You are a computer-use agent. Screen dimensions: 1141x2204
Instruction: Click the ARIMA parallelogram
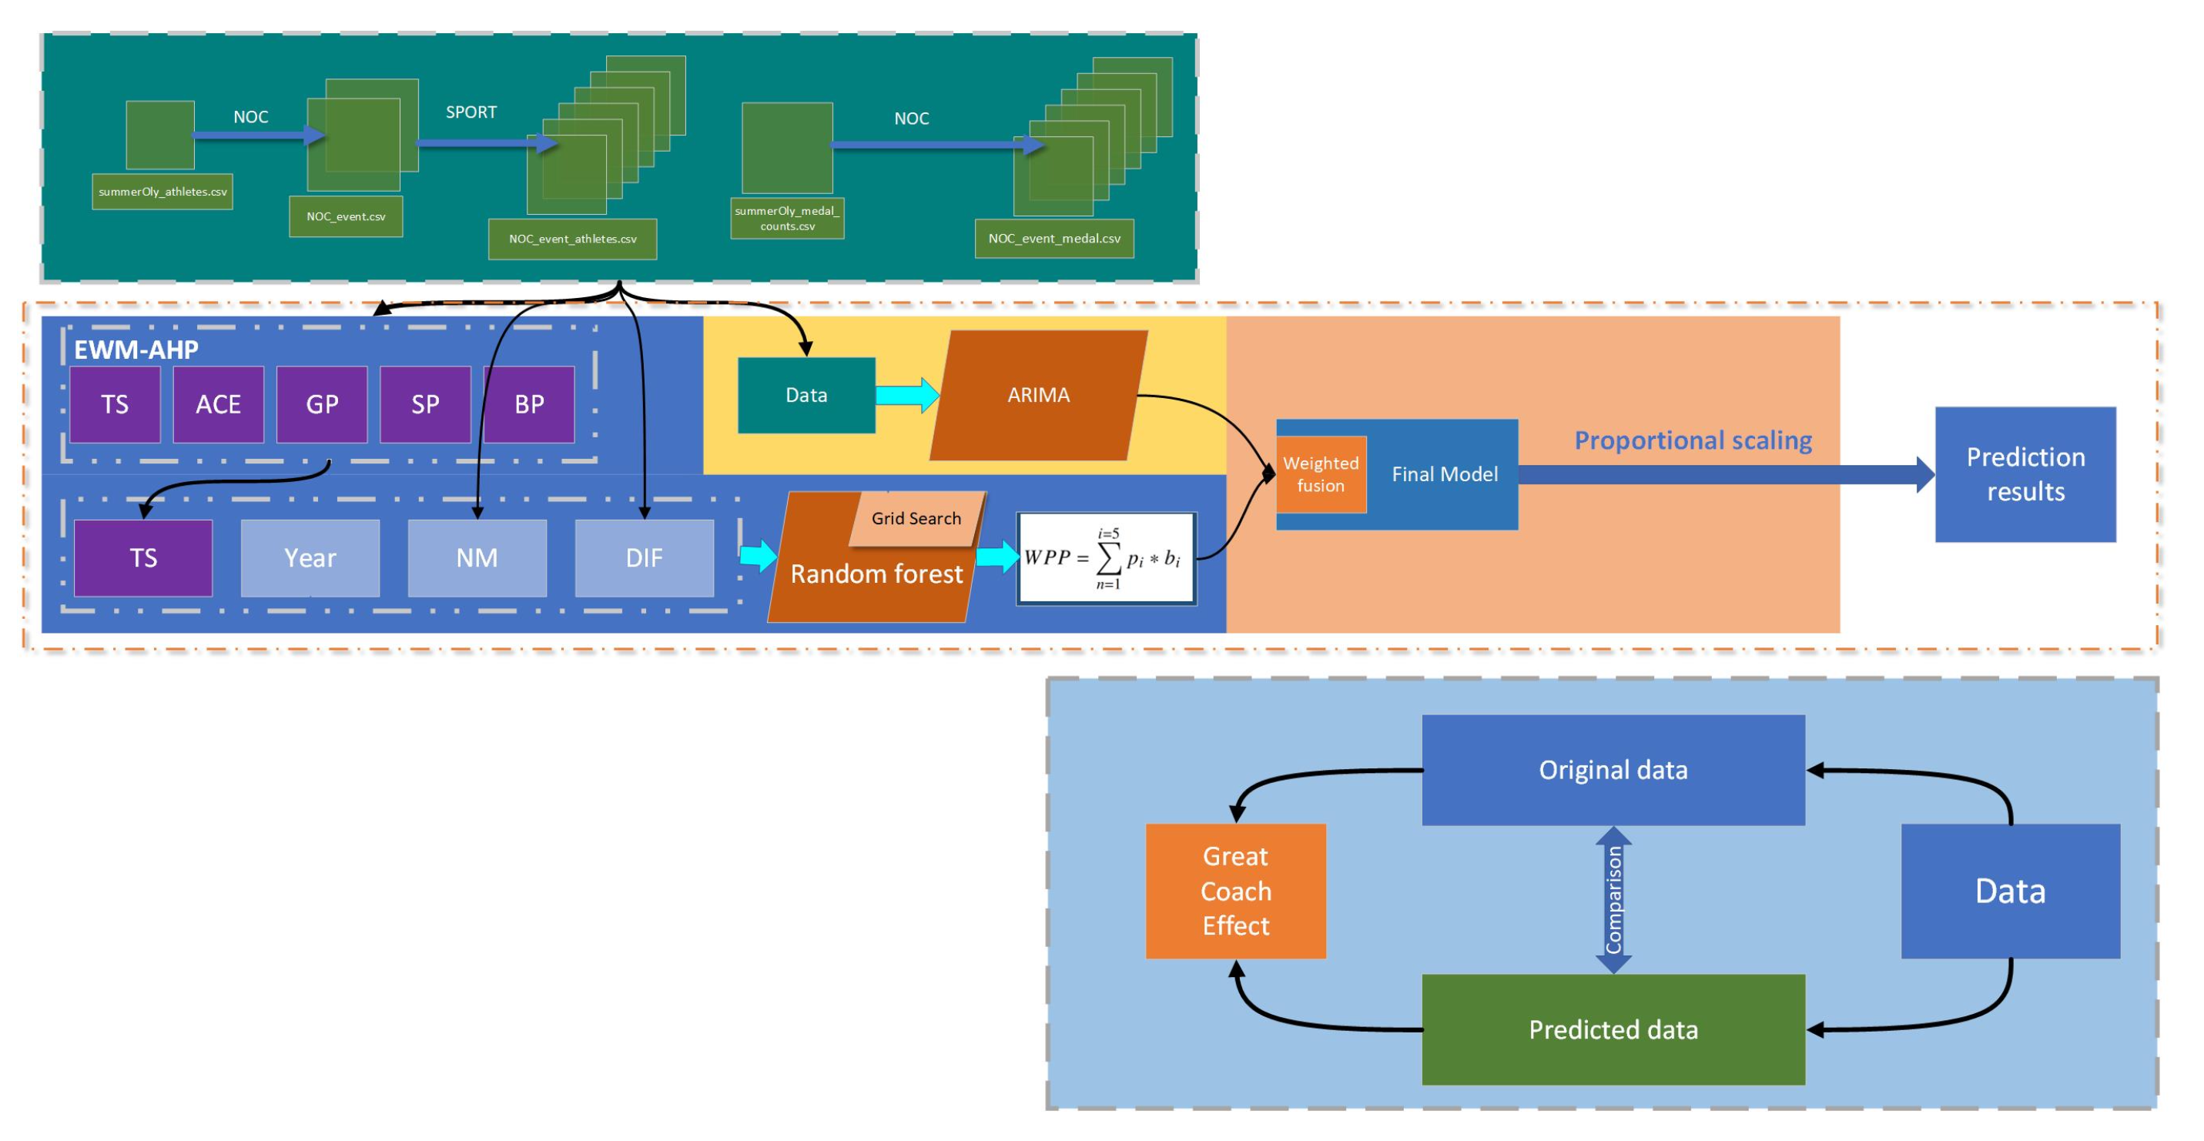point(1038,395)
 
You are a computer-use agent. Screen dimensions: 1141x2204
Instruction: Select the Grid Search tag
point(916,518)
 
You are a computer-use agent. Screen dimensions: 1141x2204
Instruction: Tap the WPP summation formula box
point(1105,560)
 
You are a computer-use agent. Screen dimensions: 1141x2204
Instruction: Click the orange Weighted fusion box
point(1320,475)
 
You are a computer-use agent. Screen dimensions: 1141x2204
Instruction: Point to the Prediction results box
point(2025,475)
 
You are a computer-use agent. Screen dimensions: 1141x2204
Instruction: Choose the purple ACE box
point(218,404)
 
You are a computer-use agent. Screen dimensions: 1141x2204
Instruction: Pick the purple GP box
point(322,404)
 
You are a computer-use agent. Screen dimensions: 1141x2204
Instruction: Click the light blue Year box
point(310,558)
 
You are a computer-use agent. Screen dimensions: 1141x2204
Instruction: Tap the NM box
point(477,558)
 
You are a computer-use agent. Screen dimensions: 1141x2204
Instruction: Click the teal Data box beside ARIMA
point(806,395)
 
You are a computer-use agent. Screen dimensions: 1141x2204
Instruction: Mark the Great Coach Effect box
point(1234,892)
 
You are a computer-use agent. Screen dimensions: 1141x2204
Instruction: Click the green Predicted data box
point(1613,1030)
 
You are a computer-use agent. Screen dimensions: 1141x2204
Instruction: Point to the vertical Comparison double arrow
point(1613,900)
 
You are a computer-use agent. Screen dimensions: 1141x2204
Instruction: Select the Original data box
point(1613,770)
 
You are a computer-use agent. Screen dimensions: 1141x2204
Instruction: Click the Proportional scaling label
point(1693,440)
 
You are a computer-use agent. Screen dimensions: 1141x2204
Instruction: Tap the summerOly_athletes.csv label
point(162,192)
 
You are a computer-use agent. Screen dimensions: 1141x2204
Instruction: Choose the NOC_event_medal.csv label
point(1053,239)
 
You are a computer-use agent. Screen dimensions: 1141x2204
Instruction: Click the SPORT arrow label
point(471,112)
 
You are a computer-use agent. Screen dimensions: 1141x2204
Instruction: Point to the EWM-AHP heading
point(136,350)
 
